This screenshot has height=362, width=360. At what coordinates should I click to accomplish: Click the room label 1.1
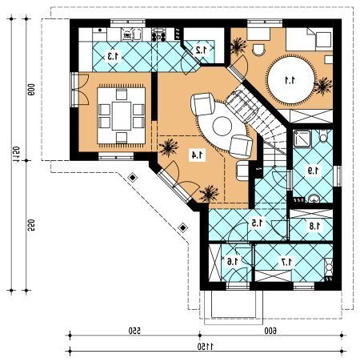tap(290, 80)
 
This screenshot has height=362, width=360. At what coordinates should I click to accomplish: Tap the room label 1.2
tap(202, 50)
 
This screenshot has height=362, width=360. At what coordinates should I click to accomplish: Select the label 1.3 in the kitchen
tap(114, 56)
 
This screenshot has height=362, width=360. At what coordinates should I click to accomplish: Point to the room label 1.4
tap(196, 155)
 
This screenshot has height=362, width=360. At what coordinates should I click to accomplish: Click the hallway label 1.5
tap(258, 223)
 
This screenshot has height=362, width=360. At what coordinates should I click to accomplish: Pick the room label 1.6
tap(234, 261)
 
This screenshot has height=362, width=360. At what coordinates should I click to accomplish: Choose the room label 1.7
tap(287, 262)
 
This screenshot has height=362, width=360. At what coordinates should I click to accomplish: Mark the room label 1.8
tap(314, 227)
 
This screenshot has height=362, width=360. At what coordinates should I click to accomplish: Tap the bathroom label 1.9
tap(313, 171)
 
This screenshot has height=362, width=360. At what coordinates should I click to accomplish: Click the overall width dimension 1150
tap(206, 347)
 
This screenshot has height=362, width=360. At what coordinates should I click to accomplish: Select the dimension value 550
tap(134, 331)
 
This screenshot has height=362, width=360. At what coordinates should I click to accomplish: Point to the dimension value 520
tap(31, 225)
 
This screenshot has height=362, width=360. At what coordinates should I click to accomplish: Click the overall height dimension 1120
tap(16, 154)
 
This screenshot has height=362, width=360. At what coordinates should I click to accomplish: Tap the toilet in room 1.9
tap(323, 135)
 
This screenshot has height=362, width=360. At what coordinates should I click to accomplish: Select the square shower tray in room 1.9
tap(302, 139)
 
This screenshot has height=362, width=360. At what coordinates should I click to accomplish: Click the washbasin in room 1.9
tap(314, 199)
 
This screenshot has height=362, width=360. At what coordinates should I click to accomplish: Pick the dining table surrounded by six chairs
tap(122, 115)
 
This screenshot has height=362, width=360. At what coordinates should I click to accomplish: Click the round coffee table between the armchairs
tap(222, 127)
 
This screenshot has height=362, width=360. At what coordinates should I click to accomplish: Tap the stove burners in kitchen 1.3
tap(159, 34)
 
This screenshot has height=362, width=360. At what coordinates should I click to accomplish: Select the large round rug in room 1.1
tap(290, 79)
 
